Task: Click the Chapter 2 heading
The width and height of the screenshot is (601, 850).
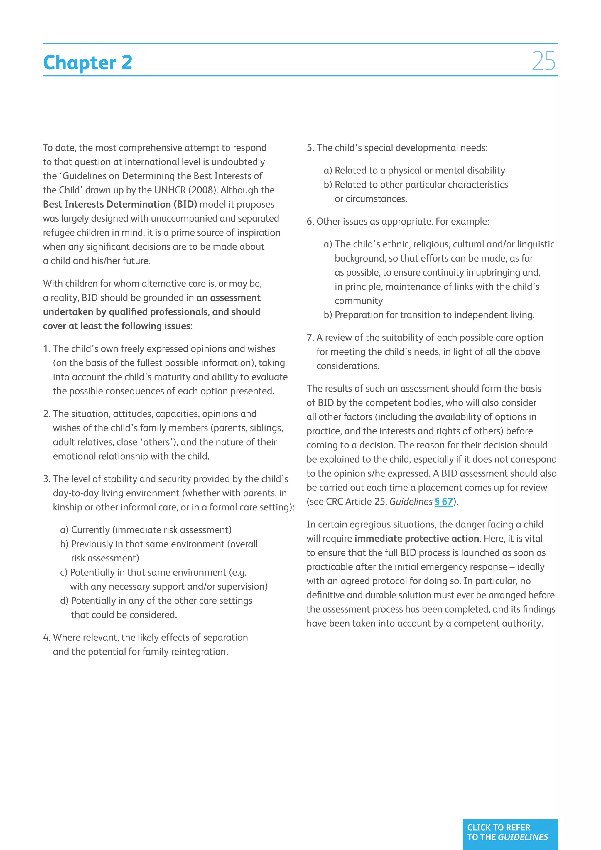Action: pos(87,62)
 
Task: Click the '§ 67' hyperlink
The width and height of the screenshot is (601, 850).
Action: pos(444,502)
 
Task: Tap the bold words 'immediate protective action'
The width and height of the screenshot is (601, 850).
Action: pos(416,539)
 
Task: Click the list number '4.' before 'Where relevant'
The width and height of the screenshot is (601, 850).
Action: pos(46,637)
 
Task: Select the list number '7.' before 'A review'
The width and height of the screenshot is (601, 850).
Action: pos(310,338)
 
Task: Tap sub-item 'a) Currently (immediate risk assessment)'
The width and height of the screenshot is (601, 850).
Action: pos(146,530)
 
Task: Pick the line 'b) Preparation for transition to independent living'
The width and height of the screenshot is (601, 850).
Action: pos(429,315)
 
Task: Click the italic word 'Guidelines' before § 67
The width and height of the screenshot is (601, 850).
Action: pos(411,502)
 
